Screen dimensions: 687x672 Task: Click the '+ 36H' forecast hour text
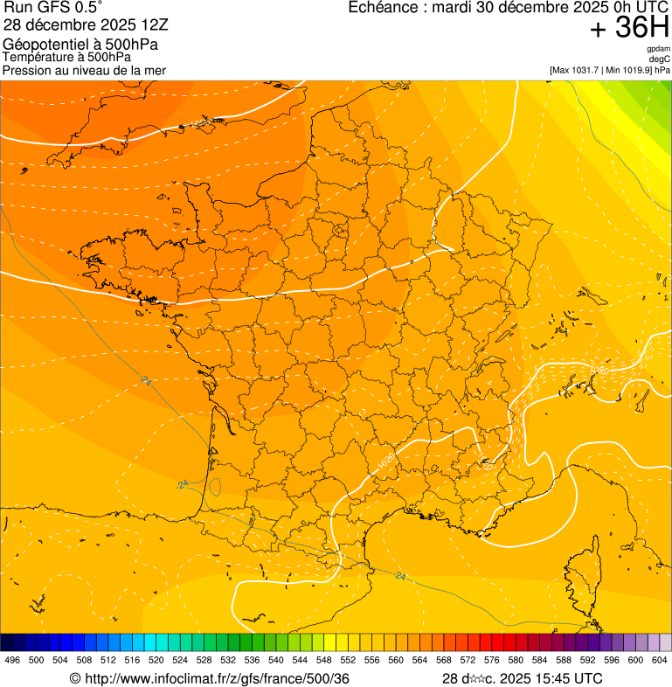(x=629, y=29)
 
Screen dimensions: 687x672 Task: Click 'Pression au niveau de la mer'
(x=84, y=70)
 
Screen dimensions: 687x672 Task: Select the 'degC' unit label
(x=660, y=59)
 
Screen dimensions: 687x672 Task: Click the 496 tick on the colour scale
(x=12, y=661)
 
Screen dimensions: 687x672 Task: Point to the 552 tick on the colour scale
(x=347, y=661)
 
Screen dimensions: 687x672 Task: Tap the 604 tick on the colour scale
(x=659, y=661)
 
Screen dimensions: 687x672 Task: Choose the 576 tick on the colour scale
(x=491, y=661)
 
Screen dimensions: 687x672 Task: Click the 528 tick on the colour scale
(x=204, y=661)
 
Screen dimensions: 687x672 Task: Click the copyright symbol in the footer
(x=75, y=679)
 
